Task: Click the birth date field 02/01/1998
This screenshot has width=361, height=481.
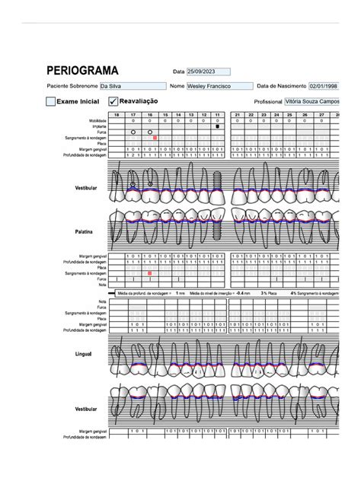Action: point(323,87)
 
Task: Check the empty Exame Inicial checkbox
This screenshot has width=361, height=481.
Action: point(51,101)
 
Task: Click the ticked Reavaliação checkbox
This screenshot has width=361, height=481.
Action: point(113,101)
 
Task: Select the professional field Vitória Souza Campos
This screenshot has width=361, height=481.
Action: point(311,101)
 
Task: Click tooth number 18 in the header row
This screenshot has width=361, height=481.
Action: point(117,115)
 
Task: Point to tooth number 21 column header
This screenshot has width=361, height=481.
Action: point(238,115)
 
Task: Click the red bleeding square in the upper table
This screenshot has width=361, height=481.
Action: point(155,138)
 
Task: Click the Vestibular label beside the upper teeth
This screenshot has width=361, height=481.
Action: point(85,187)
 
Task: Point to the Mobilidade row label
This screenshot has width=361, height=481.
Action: point(97,120)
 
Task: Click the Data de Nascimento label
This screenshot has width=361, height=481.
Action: point(281,87)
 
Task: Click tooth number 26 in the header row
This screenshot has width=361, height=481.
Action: point(305,115)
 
